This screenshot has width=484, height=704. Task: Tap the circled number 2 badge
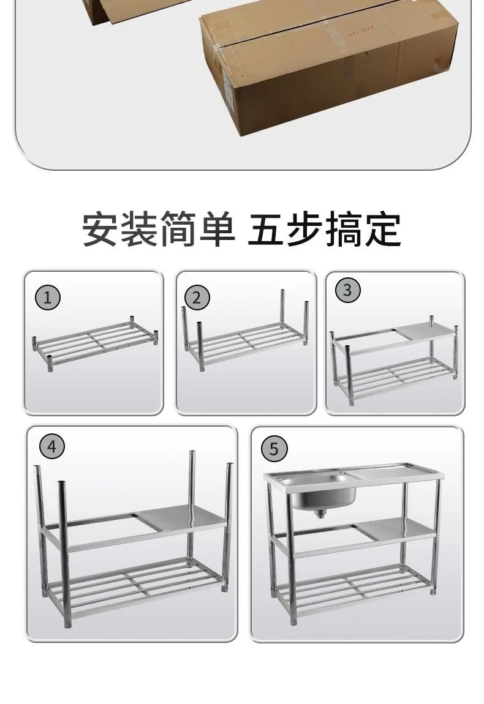(x=197, y=298)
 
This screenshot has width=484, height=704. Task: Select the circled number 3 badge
(x=347, y=290)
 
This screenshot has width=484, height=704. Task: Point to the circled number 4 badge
(x=52, y=447)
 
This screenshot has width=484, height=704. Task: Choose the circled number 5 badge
(x=274, y=449)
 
